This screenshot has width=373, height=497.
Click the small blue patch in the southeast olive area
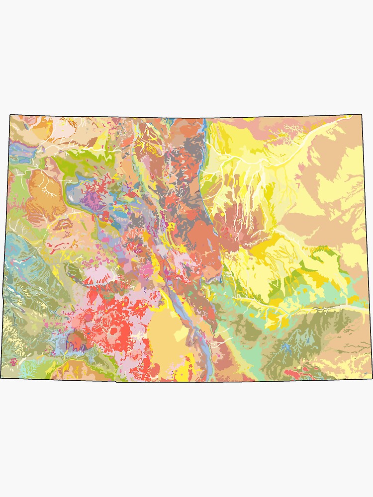pos(285,346)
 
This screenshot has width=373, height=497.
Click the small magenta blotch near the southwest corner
pos(13,361)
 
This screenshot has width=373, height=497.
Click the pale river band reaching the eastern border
pos(348,308)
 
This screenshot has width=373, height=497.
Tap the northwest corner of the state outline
pos(10,115)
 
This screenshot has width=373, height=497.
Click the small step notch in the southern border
pos(116,381)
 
